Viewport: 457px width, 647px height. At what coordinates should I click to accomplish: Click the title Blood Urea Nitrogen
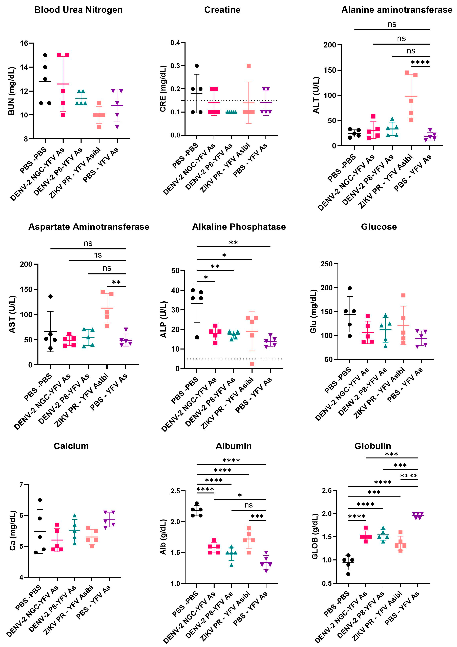(78, 10)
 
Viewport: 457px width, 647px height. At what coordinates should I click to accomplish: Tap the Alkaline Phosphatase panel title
(239, 227)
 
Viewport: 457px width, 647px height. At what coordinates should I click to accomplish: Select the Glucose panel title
(379, 227)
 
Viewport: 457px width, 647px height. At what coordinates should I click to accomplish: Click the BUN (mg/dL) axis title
(11, 91)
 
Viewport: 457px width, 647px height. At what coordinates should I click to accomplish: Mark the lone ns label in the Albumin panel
(248, 505)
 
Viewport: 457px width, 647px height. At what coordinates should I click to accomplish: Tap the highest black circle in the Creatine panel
(197, 66)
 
